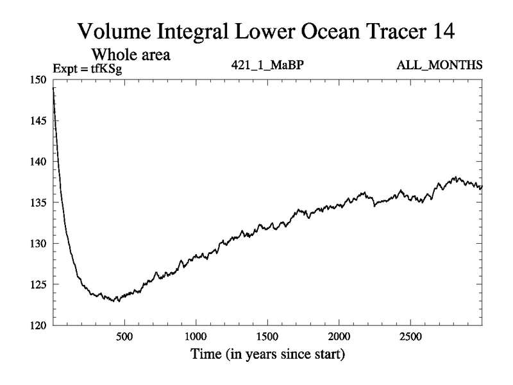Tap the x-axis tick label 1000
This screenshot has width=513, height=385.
pos(196,337)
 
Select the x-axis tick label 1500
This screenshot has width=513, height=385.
pos(267,337)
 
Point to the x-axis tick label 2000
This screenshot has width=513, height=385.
pos(339,337)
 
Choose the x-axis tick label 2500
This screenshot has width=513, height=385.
pos(410,337)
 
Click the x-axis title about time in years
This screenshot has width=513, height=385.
pos(267,354)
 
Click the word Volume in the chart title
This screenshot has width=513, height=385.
pos(114,31)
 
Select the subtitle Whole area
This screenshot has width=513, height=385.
pos(131,55)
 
